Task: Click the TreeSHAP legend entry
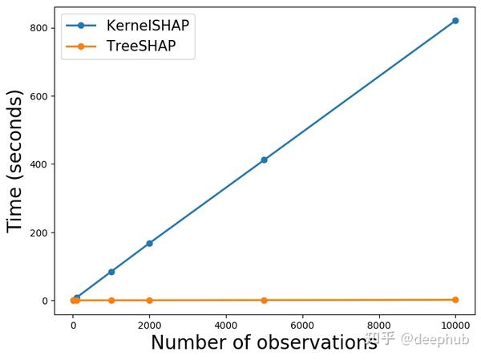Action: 139,47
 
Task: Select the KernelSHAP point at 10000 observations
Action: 455,21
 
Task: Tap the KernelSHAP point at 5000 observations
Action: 264,160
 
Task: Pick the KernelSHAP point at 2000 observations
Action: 149,244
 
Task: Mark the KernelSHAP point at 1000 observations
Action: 111,272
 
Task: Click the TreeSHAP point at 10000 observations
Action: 455,300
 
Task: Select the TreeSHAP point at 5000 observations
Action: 264,301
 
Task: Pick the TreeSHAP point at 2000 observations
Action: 149,301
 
